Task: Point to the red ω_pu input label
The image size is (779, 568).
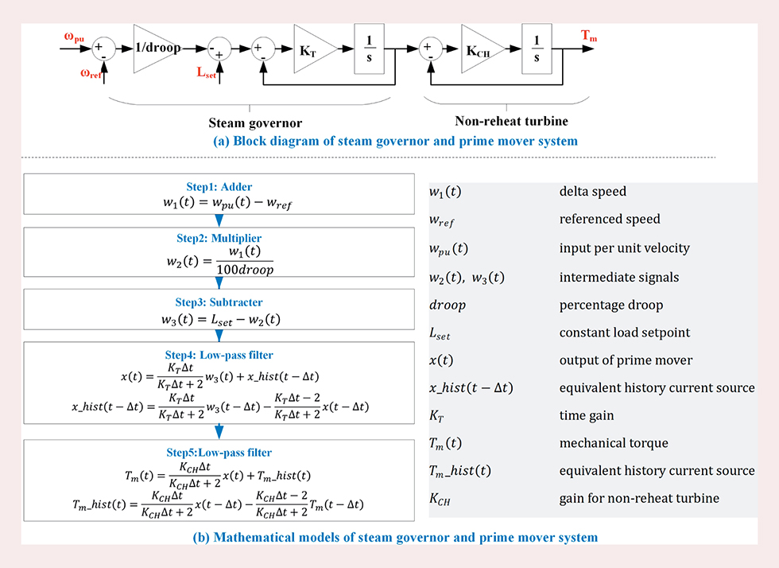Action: click(x=74, y=37)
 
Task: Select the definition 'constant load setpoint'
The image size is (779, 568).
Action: click(x=623, y=332)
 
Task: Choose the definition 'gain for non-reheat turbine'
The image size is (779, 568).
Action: click(x=638, y=499)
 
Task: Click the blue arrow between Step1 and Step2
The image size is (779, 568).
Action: click(x=219, y=220)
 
